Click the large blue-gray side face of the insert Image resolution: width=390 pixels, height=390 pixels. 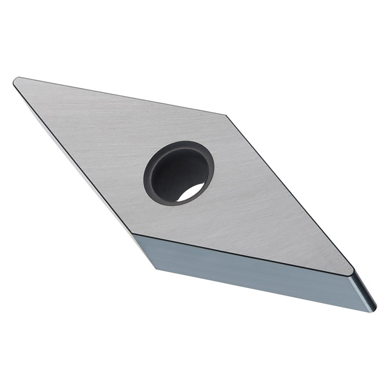coord(244,268)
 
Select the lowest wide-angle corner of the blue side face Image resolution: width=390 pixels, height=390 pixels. coord(156,269)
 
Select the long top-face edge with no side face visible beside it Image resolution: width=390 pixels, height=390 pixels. coord(122,96)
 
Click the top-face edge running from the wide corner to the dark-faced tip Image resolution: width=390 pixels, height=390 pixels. coord(289,192)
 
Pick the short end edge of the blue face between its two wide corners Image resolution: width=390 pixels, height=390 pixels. coord(144,251)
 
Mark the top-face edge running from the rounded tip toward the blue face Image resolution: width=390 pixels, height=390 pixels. coord(73,157)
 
